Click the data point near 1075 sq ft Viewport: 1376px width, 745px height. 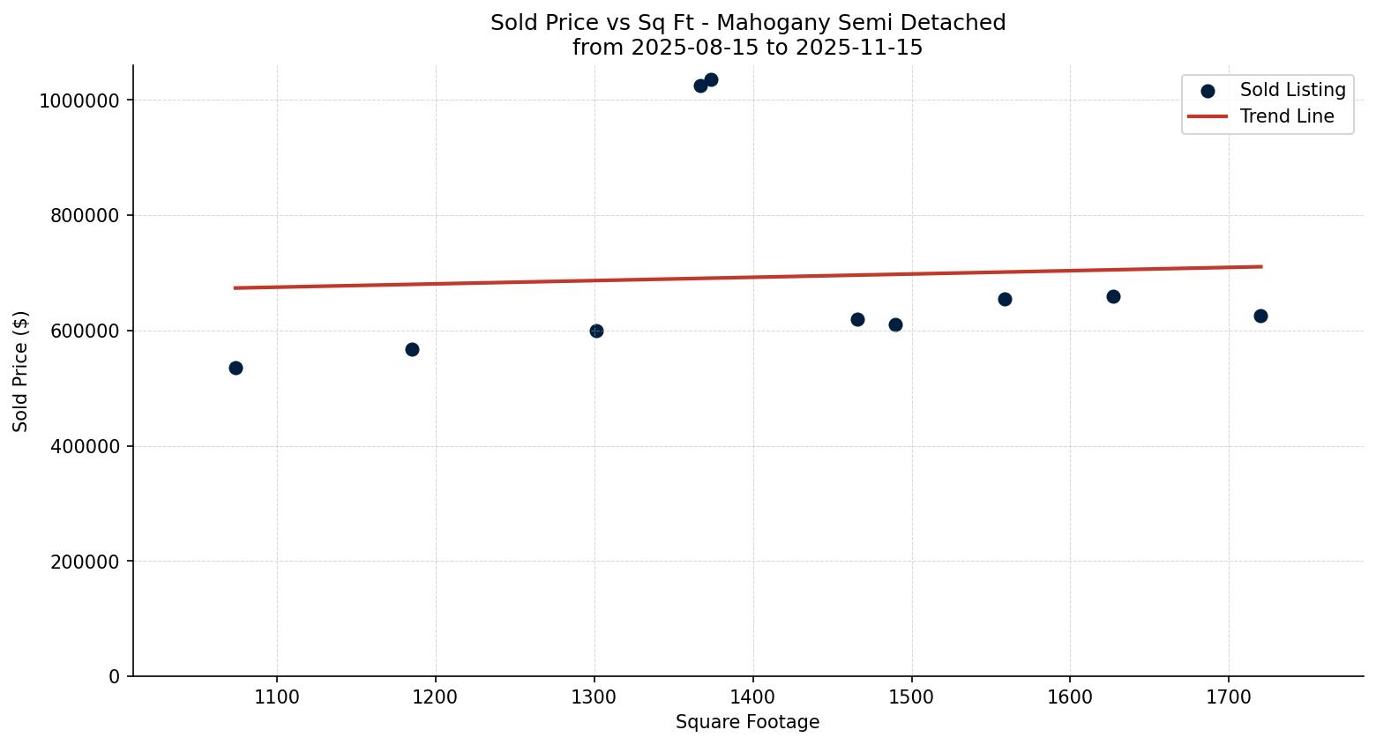[x=236, y=368]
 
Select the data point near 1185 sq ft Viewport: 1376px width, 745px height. [x=412, y=349]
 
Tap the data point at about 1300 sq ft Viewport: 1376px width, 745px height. [x=596, y=331]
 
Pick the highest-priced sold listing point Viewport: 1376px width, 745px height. [x=711, y=79]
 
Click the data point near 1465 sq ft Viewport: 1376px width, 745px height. [x=857, y=319]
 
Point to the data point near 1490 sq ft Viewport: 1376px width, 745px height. [x=895, y=324]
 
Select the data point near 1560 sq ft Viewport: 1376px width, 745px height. [x=1005, y=299]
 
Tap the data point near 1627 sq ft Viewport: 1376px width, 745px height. [x=1113, y=296]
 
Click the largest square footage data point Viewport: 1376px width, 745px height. [x=1260, y=316]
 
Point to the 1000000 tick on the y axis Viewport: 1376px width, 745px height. [x=79, y=101]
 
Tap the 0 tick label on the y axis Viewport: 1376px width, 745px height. [x=114, y=676]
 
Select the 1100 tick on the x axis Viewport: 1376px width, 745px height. [x=277, y=697]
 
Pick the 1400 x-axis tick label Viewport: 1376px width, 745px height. [x=752, y=697]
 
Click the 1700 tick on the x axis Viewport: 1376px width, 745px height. [x=1229, y=697]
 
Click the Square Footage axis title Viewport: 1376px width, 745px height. [x=747, y=722]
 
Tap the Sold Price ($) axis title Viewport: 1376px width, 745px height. [x=20, y=371]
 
